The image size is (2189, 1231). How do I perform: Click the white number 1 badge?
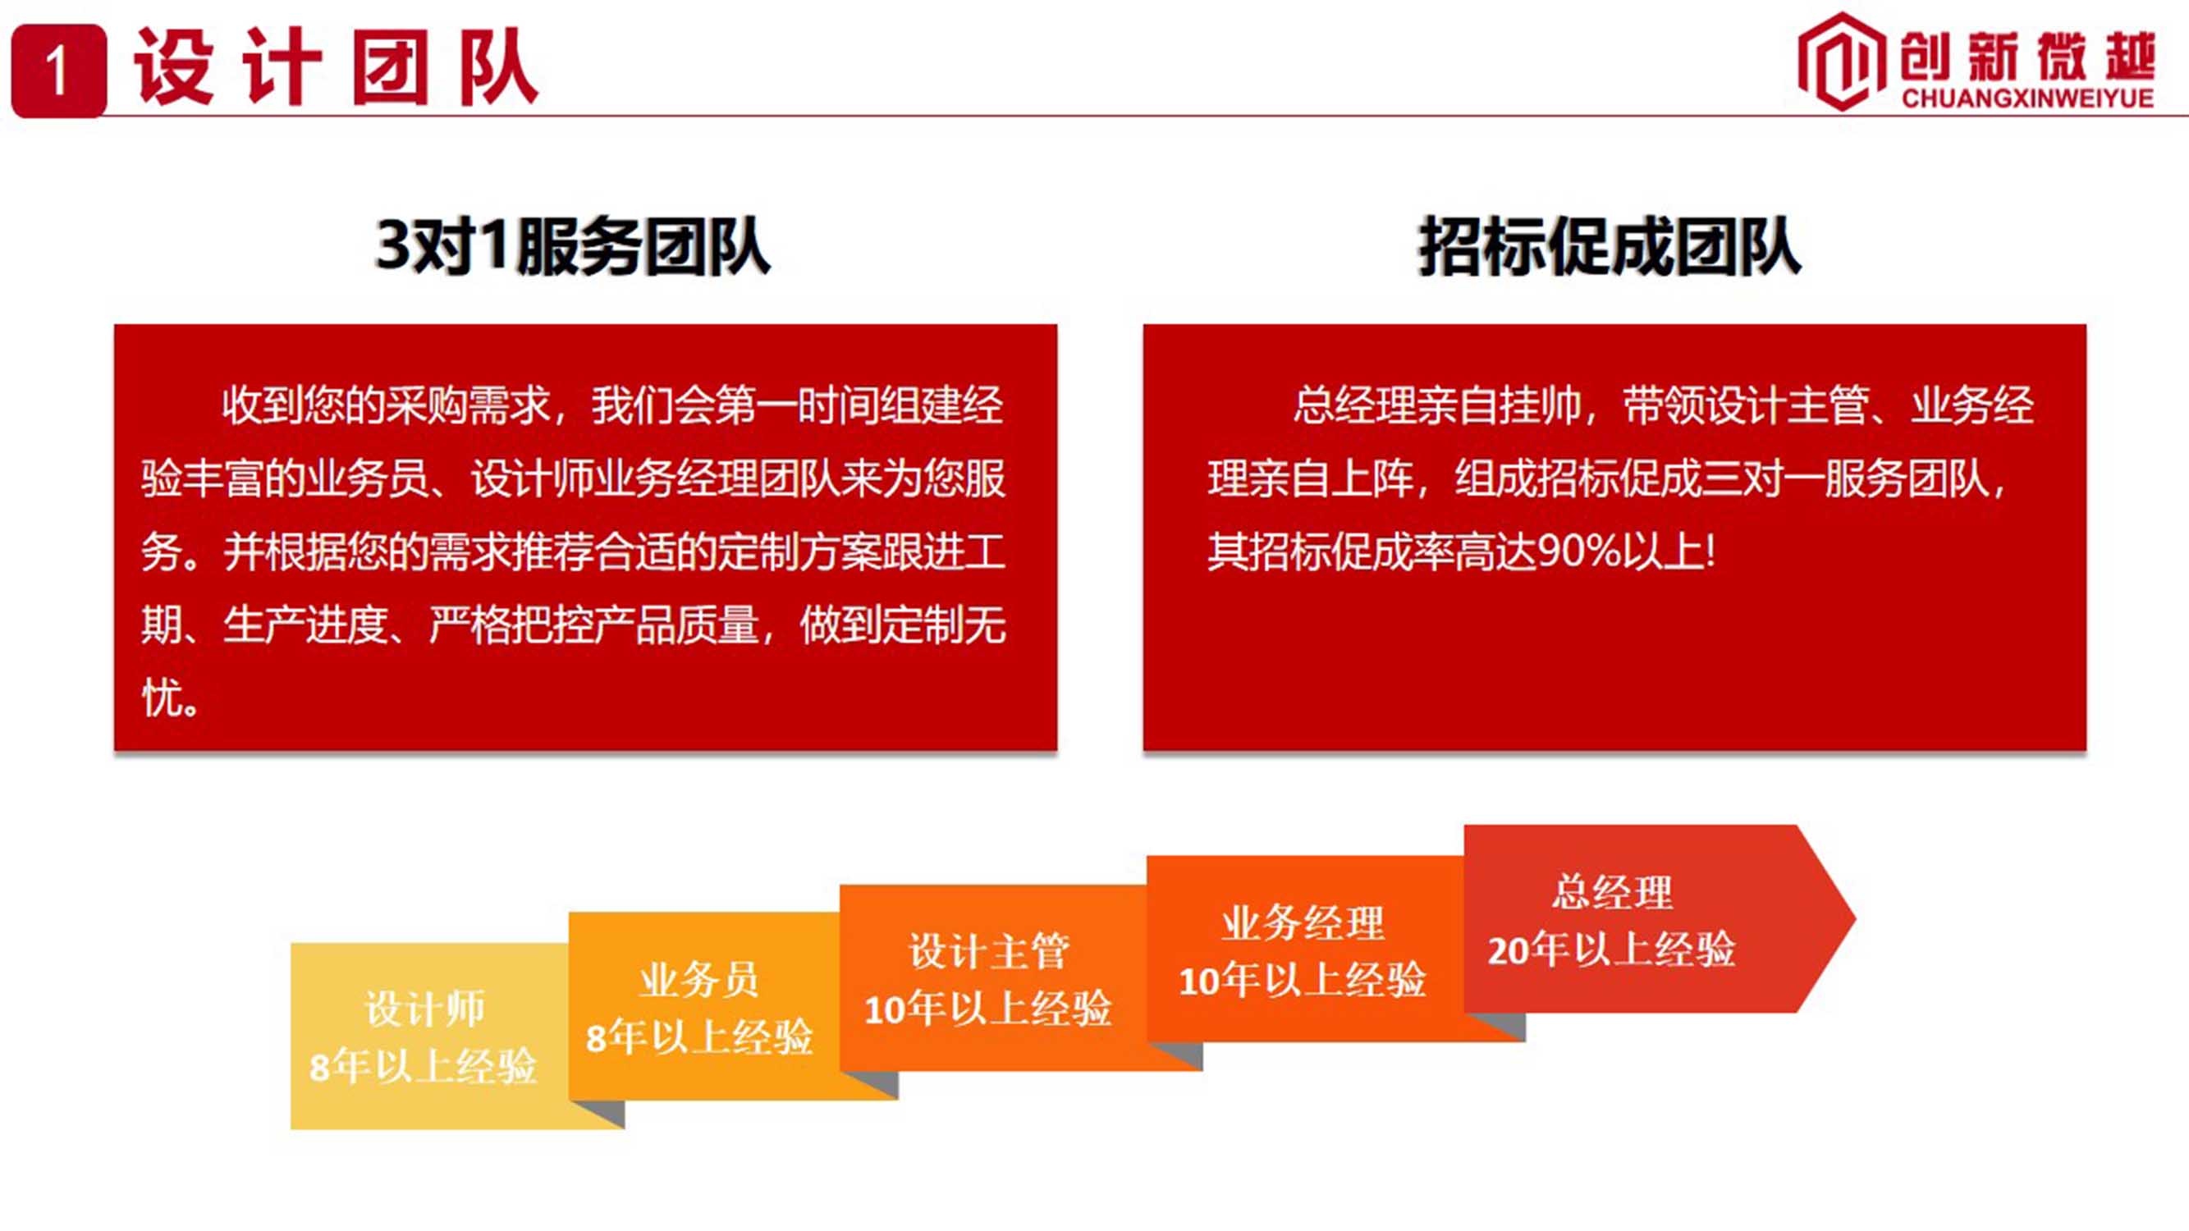pos(58,71)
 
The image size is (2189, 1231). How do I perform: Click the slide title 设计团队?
pos(337,68)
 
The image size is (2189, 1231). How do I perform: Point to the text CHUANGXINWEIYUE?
pos(2027,98)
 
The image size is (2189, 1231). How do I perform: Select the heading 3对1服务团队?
pos(573,246)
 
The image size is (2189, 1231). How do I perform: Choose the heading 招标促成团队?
pos(1610,246)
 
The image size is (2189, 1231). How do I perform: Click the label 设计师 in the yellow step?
pos(425,1009)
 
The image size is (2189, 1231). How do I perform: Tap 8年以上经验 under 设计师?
pos(424,1065)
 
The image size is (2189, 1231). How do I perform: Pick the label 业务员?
pos(698,980)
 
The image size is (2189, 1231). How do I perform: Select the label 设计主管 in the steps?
pos(989,950)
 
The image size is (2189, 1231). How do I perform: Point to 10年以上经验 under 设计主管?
pos(987,1009)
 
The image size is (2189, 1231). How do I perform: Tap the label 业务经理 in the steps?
pos(1303,922)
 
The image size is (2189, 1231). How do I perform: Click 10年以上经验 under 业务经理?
pos(1302,980)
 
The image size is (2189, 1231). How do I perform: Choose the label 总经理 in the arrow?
pos(1612,892)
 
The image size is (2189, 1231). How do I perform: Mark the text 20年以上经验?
pos(1611,949)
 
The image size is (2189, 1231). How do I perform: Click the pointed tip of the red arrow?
pos(1856,918)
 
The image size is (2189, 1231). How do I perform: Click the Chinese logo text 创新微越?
pos(2027,56)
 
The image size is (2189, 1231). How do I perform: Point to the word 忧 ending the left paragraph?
pos(163,698)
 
